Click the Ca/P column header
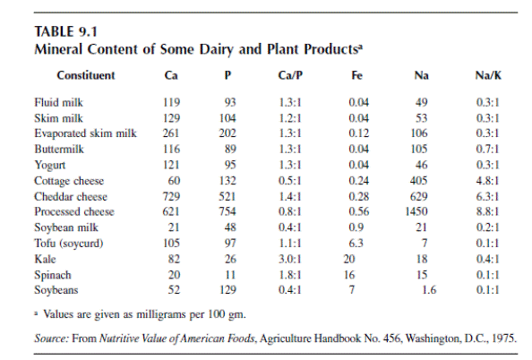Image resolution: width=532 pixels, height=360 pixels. [290, 75]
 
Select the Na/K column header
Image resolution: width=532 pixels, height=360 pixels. [488, 75]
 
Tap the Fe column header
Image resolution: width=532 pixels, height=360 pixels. [356, 75]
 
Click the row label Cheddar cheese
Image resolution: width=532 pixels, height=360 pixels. [71, 196]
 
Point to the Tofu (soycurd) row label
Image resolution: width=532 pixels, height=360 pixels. [69, 244]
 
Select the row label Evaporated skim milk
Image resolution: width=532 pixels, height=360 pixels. [85, 133]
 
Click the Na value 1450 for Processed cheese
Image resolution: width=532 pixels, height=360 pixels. [416, 211]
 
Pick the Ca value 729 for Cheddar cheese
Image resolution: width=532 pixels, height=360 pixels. [171, 196]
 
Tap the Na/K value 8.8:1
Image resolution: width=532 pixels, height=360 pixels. [487, 211]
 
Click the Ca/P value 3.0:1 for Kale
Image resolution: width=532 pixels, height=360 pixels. [290, 259]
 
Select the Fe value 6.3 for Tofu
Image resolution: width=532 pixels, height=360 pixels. [356, 244]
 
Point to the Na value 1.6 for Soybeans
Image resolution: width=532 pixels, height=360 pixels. [429, 290]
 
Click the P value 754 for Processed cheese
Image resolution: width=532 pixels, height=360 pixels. [227, 211]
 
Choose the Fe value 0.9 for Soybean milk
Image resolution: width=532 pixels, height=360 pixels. [356, 227]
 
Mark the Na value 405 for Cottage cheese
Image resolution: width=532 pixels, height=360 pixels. [418, 181]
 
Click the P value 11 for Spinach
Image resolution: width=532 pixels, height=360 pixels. [230, 275]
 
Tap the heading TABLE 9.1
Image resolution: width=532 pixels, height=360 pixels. [65, 32]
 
